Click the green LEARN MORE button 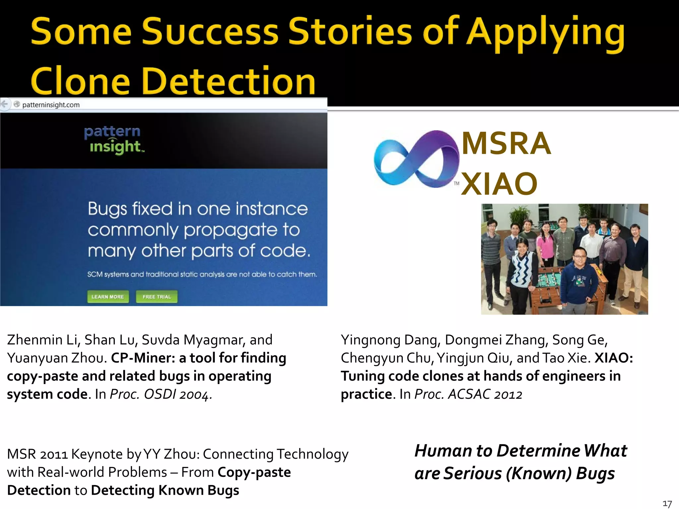[x=108, y=297]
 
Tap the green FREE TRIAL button [x=156, y=297]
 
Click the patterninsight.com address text [x=51, y=105]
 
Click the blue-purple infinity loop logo [x=416, y=159]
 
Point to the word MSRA [x=506, y=143]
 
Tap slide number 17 [x=667, y=504]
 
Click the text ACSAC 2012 [x=485, y=394]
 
